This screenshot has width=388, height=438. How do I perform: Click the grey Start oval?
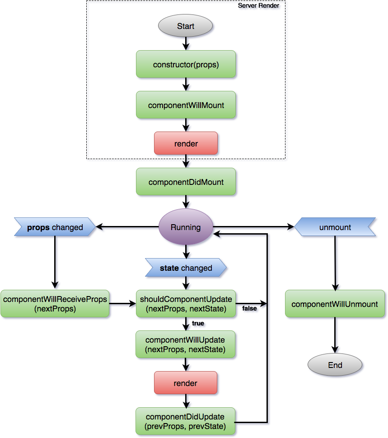[x=185, y=26]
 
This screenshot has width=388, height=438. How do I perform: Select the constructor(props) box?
[x=186, y=64]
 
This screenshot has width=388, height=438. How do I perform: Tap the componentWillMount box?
[x=186, y=105]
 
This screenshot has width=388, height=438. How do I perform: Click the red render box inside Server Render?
[x=186, y=143]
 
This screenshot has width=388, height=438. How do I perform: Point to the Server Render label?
[x=258, y=5]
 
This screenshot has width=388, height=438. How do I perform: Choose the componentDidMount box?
[x=186, y=182]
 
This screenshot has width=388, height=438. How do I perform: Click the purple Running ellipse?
[x=186, y=227]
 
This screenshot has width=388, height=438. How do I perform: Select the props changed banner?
[x=55, y=227]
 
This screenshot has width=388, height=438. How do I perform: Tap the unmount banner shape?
[x=335, y=227]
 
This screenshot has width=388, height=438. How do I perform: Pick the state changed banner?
[x=186, y=268]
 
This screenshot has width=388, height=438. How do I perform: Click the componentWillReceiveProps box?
[x=55, y=304]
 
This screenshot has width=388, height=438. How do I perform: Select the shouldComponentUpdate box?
[x=186, y=304]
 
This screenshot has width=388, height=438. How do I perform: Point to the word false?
[x=249, y=308]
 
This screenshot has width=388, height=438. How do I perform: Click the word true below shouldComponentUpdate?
[x=198, y=323]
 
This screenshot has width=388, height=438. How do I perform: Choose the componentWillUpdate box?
[x=185, y=344]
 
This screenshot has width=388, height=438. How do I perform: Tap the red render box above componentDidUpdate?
[x=186, y=383]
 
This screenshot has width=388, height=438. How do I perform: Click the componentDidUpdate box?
[x=185, y=421]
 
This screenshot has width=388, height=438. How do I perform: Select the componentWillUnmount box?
[x=335, y=304]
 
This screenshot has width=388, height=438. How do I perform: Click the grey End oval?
[x=335, y=364]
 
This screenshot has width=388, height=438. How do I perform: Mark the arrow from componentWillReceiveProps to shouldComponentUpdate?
[x=122, y=303]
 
